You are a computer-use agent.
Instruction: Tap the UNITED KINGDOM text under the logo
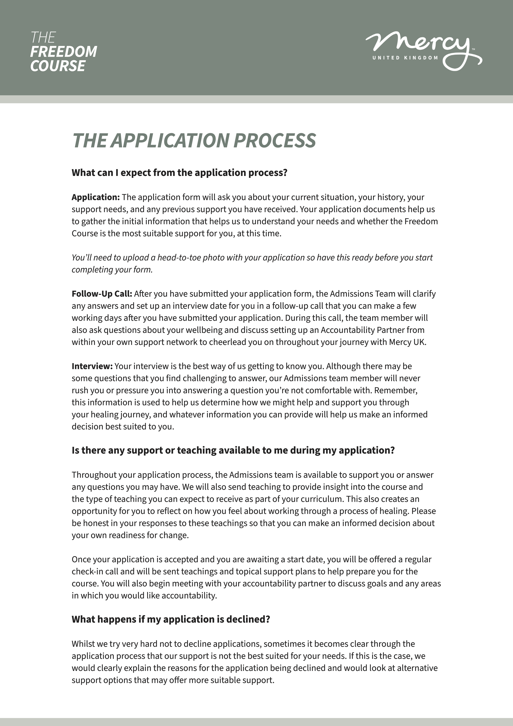click(x=405, y=58)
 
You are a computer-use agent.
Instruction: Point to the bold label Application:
click(x=95, y=197)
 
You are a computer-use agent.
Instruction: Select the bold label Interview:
click(x=92, y=366)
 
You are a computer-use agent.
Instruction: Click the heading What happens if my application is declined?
click(x=171, y=619)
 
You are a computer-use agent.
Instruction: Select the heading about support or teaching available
click(x=233, y=450)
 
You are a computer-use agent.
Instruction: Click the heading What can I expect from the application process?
click(x=179, y=173)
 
